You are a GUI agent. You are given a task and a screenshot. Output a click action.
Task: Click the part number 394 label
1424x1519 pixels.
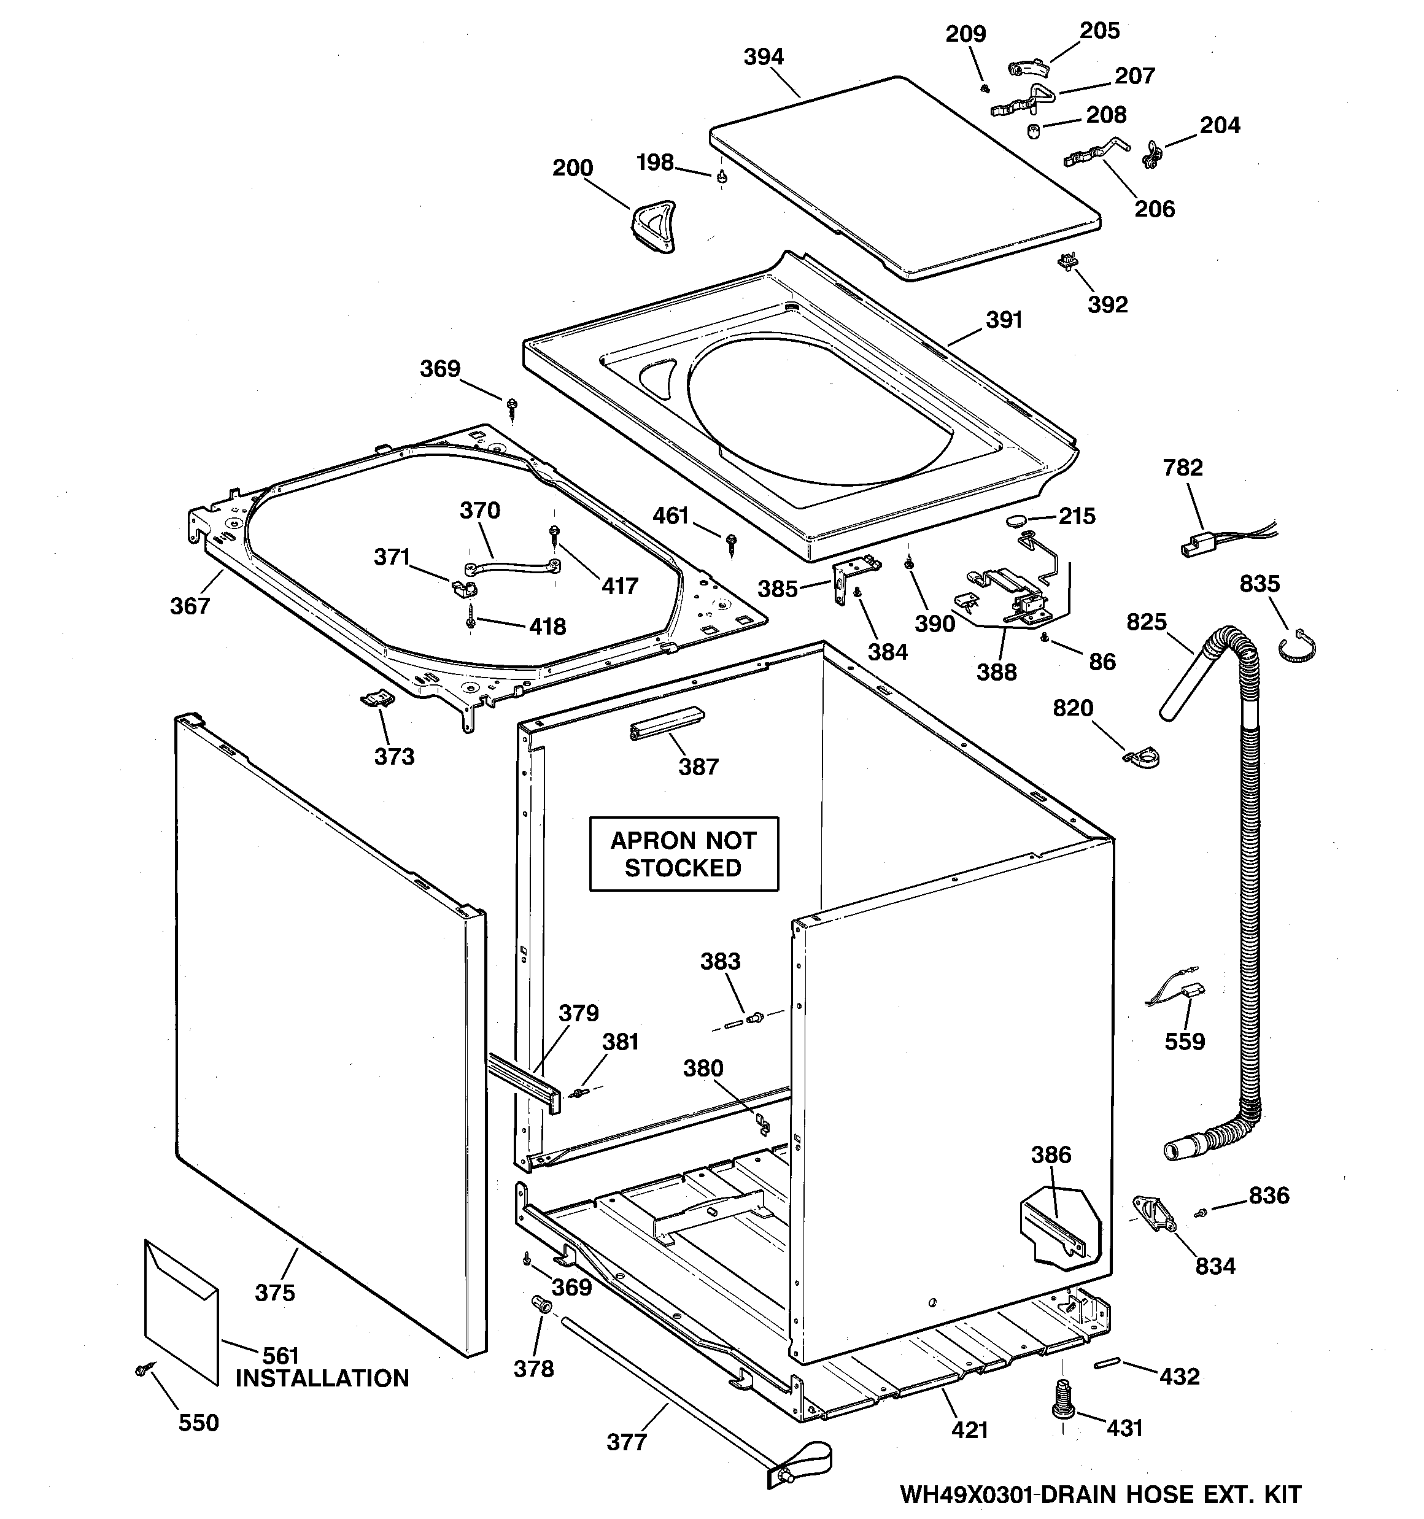(x=764, y=57)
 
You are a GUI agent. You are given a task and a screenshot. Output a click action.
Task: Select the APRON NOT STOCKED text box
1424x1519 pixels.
(x=683, y=854)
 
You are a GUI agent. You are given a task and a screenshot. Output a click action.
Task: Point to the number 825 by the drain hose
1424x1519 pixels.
(x=1147, y=622)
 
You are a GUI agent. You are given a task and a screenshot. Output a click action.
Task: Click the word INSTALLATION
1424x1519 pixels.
(x=322, y=1378)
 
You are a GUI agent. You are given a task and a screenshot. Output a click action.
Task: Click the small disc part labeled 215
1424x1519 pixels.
(x=1016, y=521)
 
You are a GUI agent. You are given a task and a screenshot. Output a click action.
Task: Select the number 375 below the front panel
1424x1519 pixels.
(x=274, y=1293)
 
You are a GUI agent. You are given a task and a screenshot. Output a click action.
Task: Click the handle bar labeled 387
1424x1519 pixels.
(x=666, y=722)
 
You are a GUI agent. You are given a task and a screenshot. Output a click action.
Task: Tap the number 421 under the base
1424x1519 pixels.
(x=969, y=1429)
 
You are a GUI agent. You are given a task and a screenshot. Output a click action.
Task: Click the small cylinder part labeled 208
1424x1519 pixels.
(x=1034, y=131)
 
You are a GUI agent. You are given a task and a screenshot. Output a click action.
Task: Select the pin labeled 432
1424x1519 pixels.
(x=1107, y=1364)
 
